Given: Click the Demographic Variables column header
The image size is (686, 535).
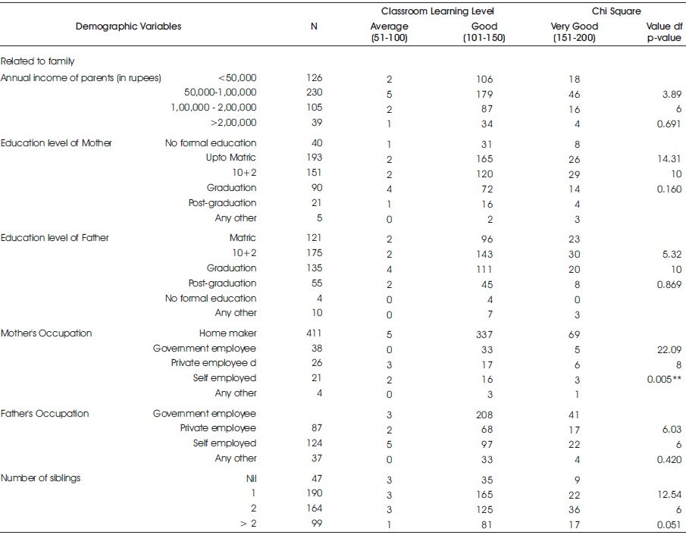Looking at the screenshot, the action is click(128, 27).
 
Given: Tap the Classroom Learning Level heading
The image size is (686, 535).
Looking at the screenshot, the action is click(437, 11).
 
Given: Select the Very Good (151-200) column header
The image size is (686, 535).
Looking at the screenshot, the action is click(574, 32).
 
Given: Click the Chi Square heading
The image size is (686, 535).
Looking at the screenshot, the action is click(616, 11).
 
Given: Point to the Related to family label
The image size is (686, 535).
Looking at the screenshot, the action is click(38, 61).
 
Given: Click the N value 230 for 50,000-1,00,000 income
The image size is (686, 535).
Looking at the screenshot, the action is click(315, 92).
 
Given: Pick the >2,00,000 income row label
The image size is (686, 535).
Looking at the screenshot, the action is click(233, 123).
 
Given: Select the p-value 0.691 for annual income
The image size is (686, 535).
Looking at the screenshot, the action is click(669, 124).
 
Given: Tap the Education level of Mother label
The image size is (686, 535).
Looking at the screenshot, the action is click(56, 143).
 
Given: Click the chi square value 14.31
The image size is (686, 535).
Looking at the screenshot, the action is click(669, 159).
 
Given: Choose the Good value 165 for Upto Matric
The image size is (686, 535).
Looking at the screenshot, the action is click(484, 159).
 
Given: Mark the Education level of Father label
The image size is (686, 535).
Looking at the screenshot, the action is click(55, 238).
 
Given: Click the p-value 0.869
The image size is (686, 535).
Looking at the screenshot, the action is click(669, 284).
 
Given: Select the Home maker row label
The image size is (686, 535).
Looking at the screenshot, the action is click(228, 333).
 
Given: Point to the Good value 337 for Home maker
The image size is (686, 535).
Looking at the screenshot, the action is click(484, 335).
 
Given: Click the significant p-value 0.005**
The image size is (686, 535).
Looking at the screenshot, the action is click(664, 379).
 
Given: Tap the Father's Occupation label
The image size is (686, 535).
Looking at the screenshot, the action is click(45, 414).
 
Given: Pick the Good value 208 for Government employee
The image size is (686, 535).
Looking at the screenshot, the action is click(484, 415).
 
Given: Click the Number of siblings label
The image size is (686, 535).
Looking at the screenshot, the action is click(41, 478).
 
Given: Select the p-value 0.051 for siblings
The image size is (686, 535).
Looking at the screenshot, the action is click(669, 524).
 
